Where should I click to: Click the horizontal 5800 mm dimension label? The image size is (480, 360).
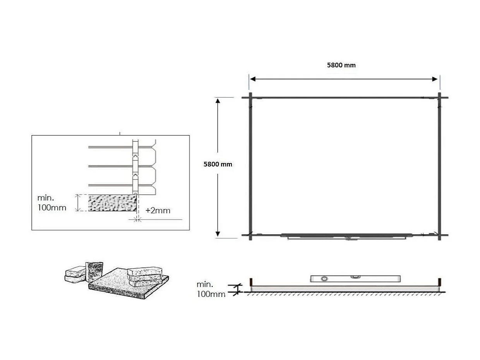[341, 65]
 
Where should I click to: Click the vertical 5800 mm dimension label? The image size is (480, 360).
[218, 164]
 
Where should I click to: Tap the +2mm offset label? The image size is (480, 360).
[158, 211]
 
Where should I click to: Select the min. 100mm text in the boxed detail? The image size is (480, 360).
[52, 203]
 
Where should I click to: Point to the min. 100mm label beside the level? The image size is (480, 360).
[211, 290]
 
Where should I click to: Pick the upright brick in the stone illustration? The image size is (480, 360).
[94, 271]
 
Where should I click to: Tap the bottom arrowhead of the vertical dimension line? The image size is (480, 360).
[218, 233]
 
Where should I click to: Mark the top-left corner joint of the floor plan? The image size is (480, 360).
[250, 98]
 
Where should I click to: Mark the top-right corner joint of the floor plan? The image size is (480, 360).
[439, 98]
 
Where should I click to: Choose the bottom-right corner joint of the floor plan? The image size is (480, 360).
[439, 235]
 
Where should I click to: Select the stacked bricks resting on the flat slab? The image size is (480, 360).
[144, 274]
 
